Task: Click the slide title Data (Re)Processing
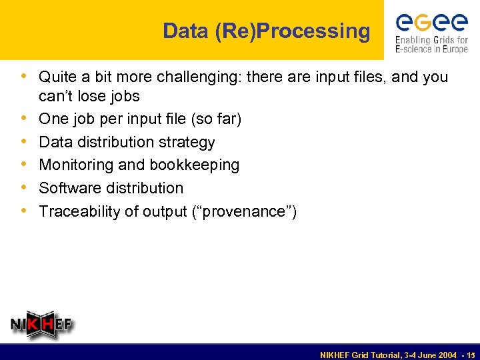266,31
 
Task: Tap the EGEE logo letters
432,23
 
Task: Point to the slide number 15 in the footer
471,353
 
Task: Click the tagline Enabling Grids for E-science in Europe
432,45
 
